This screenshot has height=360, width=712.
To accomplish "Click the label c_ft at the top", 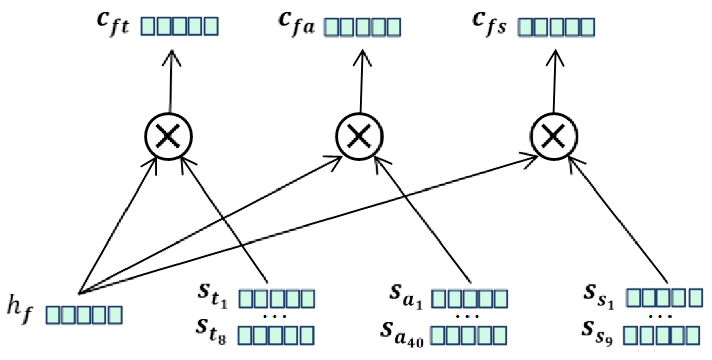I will click(x=113, y=24).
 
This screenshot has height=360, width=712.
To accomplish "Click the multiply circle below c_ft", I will click(x=168, y=137).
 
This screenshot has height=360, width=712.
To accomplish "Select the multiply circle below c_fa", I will click(x=359, y=137).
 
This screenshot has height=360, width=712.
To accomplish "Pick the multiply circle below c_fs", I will click(x=554, y=137).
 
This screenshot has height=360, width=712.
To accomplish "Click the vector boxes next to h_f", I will click(x=84, y=315).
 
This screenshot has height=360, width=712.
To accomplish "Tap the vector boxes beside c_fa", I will click(x=362, y=27).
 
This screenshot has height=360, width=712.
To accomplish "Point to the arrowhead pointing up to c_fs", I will click(x=555, y=57).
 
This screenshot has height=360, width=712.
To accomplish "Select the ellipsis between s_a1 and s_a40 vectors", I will click(x=468, y=316).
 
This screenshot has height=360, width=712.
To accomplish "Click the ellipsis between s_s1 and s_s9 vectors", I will click(x=661, y=316).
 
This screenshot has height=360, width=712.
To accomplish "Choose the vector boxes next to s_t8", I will click(x=276, y=335).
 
